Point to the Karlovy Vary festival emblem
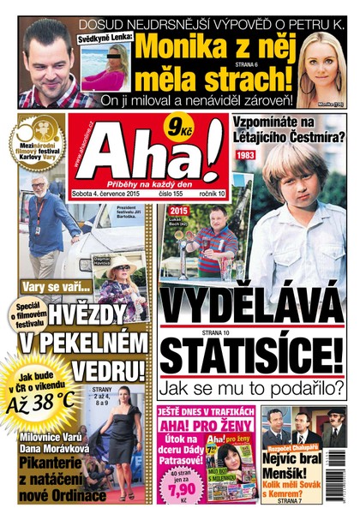click(x=35, y=141)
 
